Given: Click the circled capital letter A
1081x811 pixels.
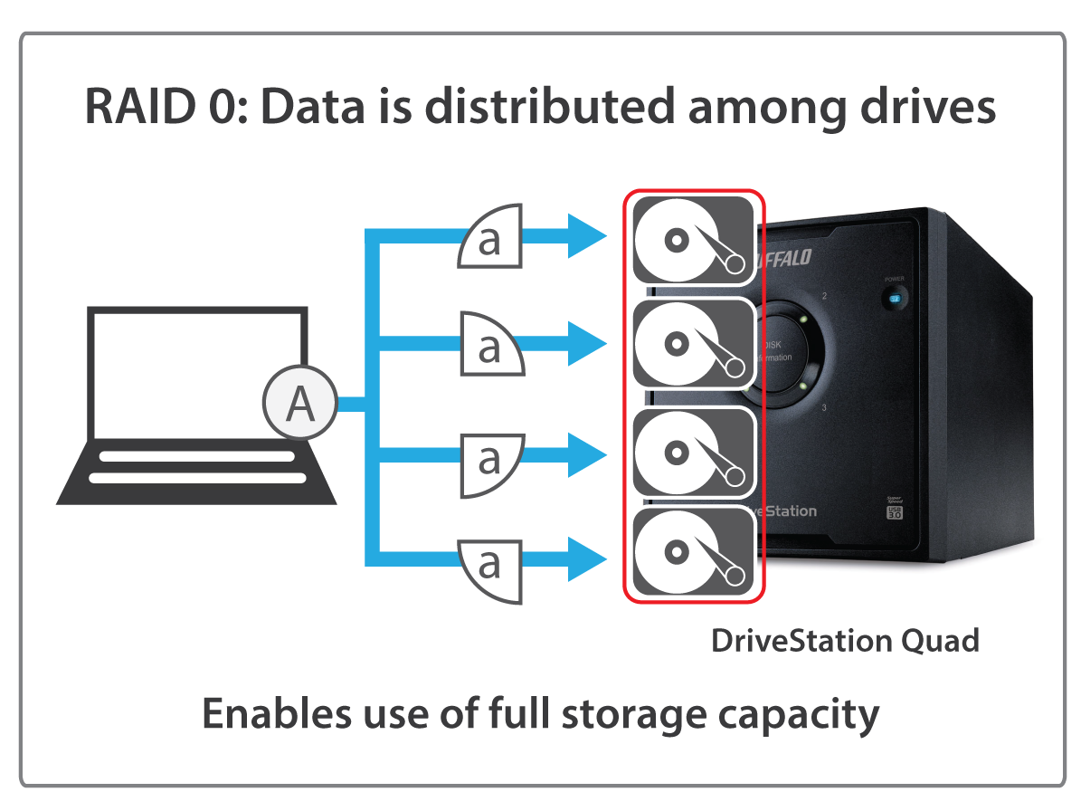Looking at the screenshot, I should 299,404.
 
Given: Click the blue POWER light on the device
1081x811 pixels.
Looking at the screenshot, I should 896,298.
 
